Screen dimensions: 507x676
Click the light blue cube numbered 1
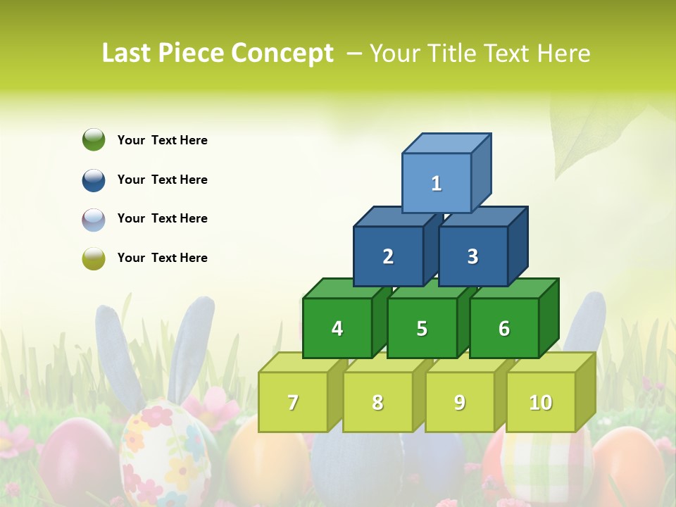[437, 183]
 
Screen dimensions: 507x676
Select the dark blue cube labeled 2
[388, 256]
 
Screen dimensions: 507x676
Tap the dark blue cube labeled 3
[472, 256]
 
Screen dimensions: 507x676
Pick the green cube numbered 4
[337, 328]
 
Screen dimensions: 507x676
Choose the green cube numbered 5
[422, 328]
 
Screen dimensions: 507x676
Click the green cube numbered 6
[504, 328]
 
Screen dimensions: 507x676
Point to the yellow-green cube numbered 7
[293, 402]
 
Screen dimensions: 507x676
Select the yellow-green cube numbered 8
[377, 402]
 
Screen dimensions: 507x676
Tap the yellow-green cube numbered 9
[459, 402]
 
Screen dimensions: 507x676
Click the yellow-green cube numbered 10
[541, 402]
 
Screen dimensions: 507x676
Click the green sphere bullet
[94, 139]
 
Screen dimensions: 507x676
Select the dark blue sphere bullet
[94, 180]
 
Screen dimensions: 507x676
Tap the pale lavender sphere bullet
[94, 219]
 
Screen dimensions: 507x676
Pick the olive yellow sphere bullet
[94, 258]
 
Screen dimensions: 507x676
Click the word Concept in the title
[282, 54]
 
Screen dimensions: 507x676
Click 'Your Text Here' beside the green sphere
[163, 140]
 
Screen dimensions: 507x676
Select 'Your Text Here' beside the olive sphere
[163, 258]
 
